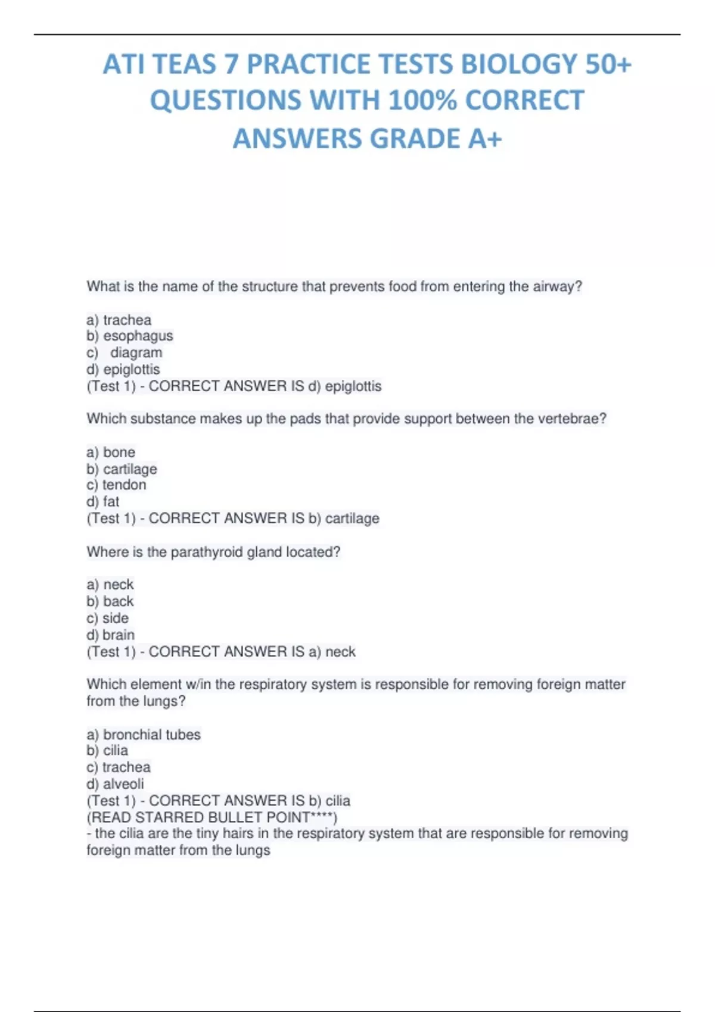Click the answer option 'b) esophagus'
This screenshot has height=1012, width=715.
pyautogui.click(x=130, y=336)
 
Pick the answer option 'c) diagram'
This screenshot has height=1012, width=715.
pyautogui.click(x=125, y=352)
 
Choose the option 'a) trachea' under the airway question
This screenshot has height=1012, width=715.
pyautogui.click(x=119, y=320)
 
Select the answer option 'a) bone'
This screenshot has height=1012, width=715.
pyautogui.click(x=111, y=452)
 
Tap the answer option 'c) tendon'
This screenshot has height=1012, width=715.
pyautogui.click(x=116, y=485)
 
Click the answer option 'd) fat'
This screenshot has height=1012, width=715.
pyautogui.click(x=103, y=501)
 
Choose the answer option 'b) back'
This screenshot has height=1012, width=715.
pyautogui.click(x=110, y=601)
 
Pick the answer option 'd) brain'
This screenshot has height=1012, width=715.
pyautogui.click(x=111, y=635)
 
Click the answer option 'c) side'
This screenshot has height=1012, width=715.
pyautogui.click(x=108, y=618)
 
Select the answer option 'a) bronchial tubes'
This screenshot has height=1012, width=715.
pyautogui.click(x=144, y=735)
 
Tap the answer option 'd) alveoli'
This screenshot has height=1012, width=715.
pyautogui.click(x=116, y=783)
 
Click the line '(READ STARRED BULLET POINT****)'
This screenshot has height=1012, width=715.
pyautogui.click(x=212, y=817)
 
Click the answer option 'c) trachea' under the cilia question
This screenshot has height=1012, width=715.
pyautogui.click(x=119, y=767)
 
